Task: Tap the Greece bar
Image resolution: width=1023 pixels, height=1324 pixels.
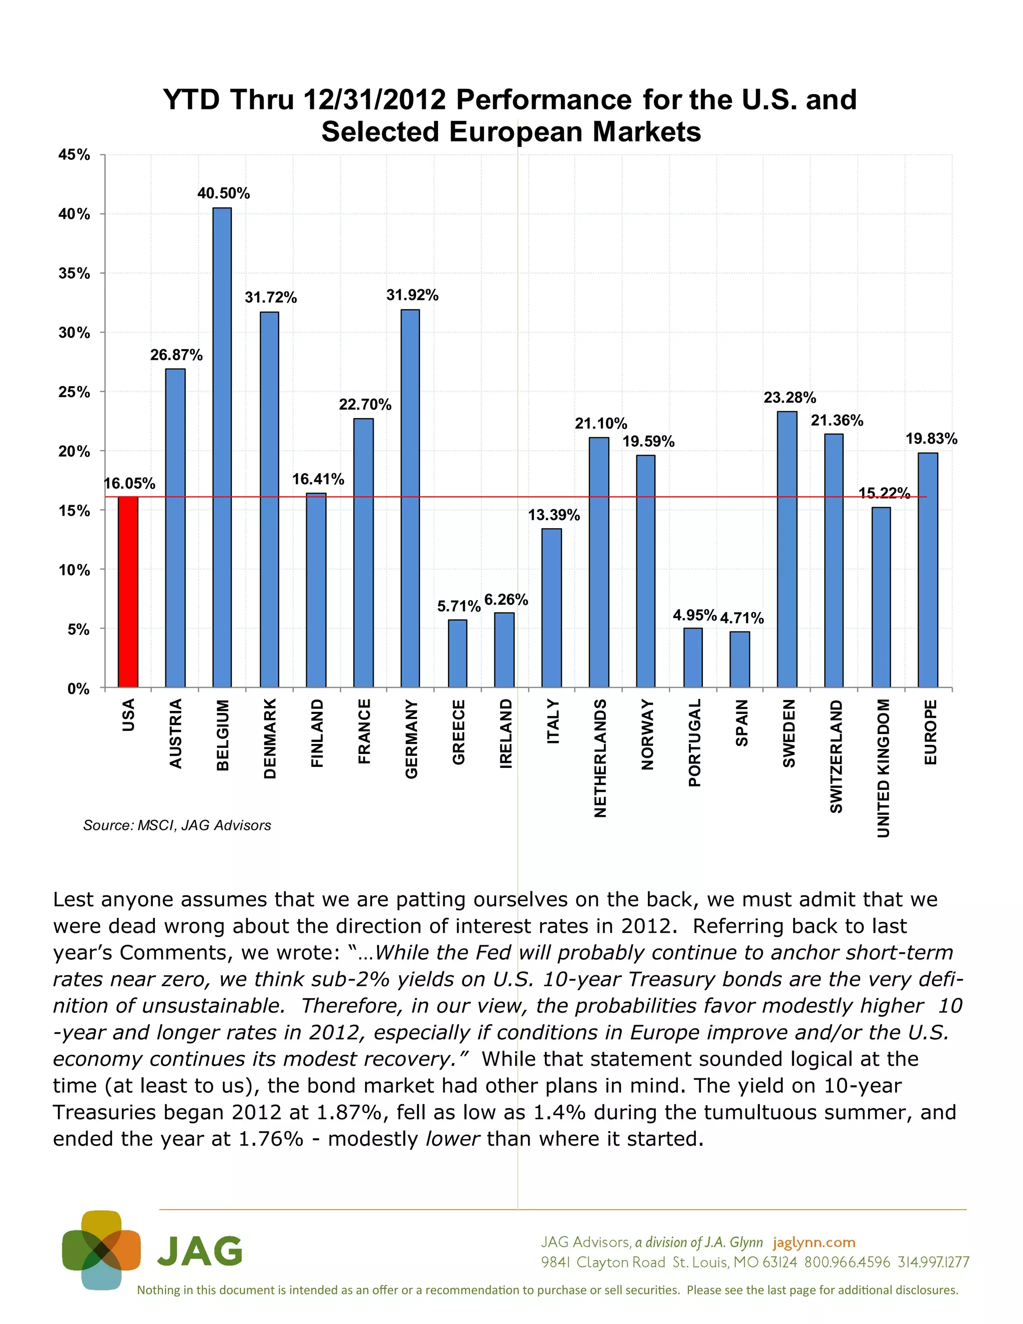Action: [458, 654]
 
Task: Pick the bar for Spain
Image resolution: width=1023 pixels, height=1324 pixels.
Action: [739, 660]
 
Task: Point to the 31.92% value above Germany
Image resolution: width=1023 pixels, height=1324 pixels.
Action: [412, 295]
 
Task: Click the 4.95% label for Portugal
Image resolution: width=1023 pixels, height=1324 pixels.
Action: [694, 616]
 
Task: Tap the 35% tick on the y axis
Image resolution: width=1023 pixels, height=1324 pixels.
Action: [74, 273]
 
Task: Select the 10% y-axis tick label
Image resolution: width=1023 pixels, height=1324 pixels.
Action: [74, 570]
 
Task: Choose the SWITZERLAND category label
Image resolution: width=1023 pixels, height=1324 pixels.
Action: [836, 756]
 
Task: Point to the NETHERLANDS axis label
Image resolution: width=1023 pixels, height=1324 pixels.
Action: [600, 758]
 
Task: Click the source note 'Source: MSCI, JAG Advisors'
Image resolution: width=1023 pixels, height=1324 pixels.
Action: [177, 825]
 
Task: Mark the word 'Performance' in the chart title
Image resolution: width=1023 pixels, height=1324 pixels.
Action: [543, 99]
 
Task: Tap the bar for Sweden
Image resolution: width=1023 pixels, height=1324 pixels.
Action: [787, 549]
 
